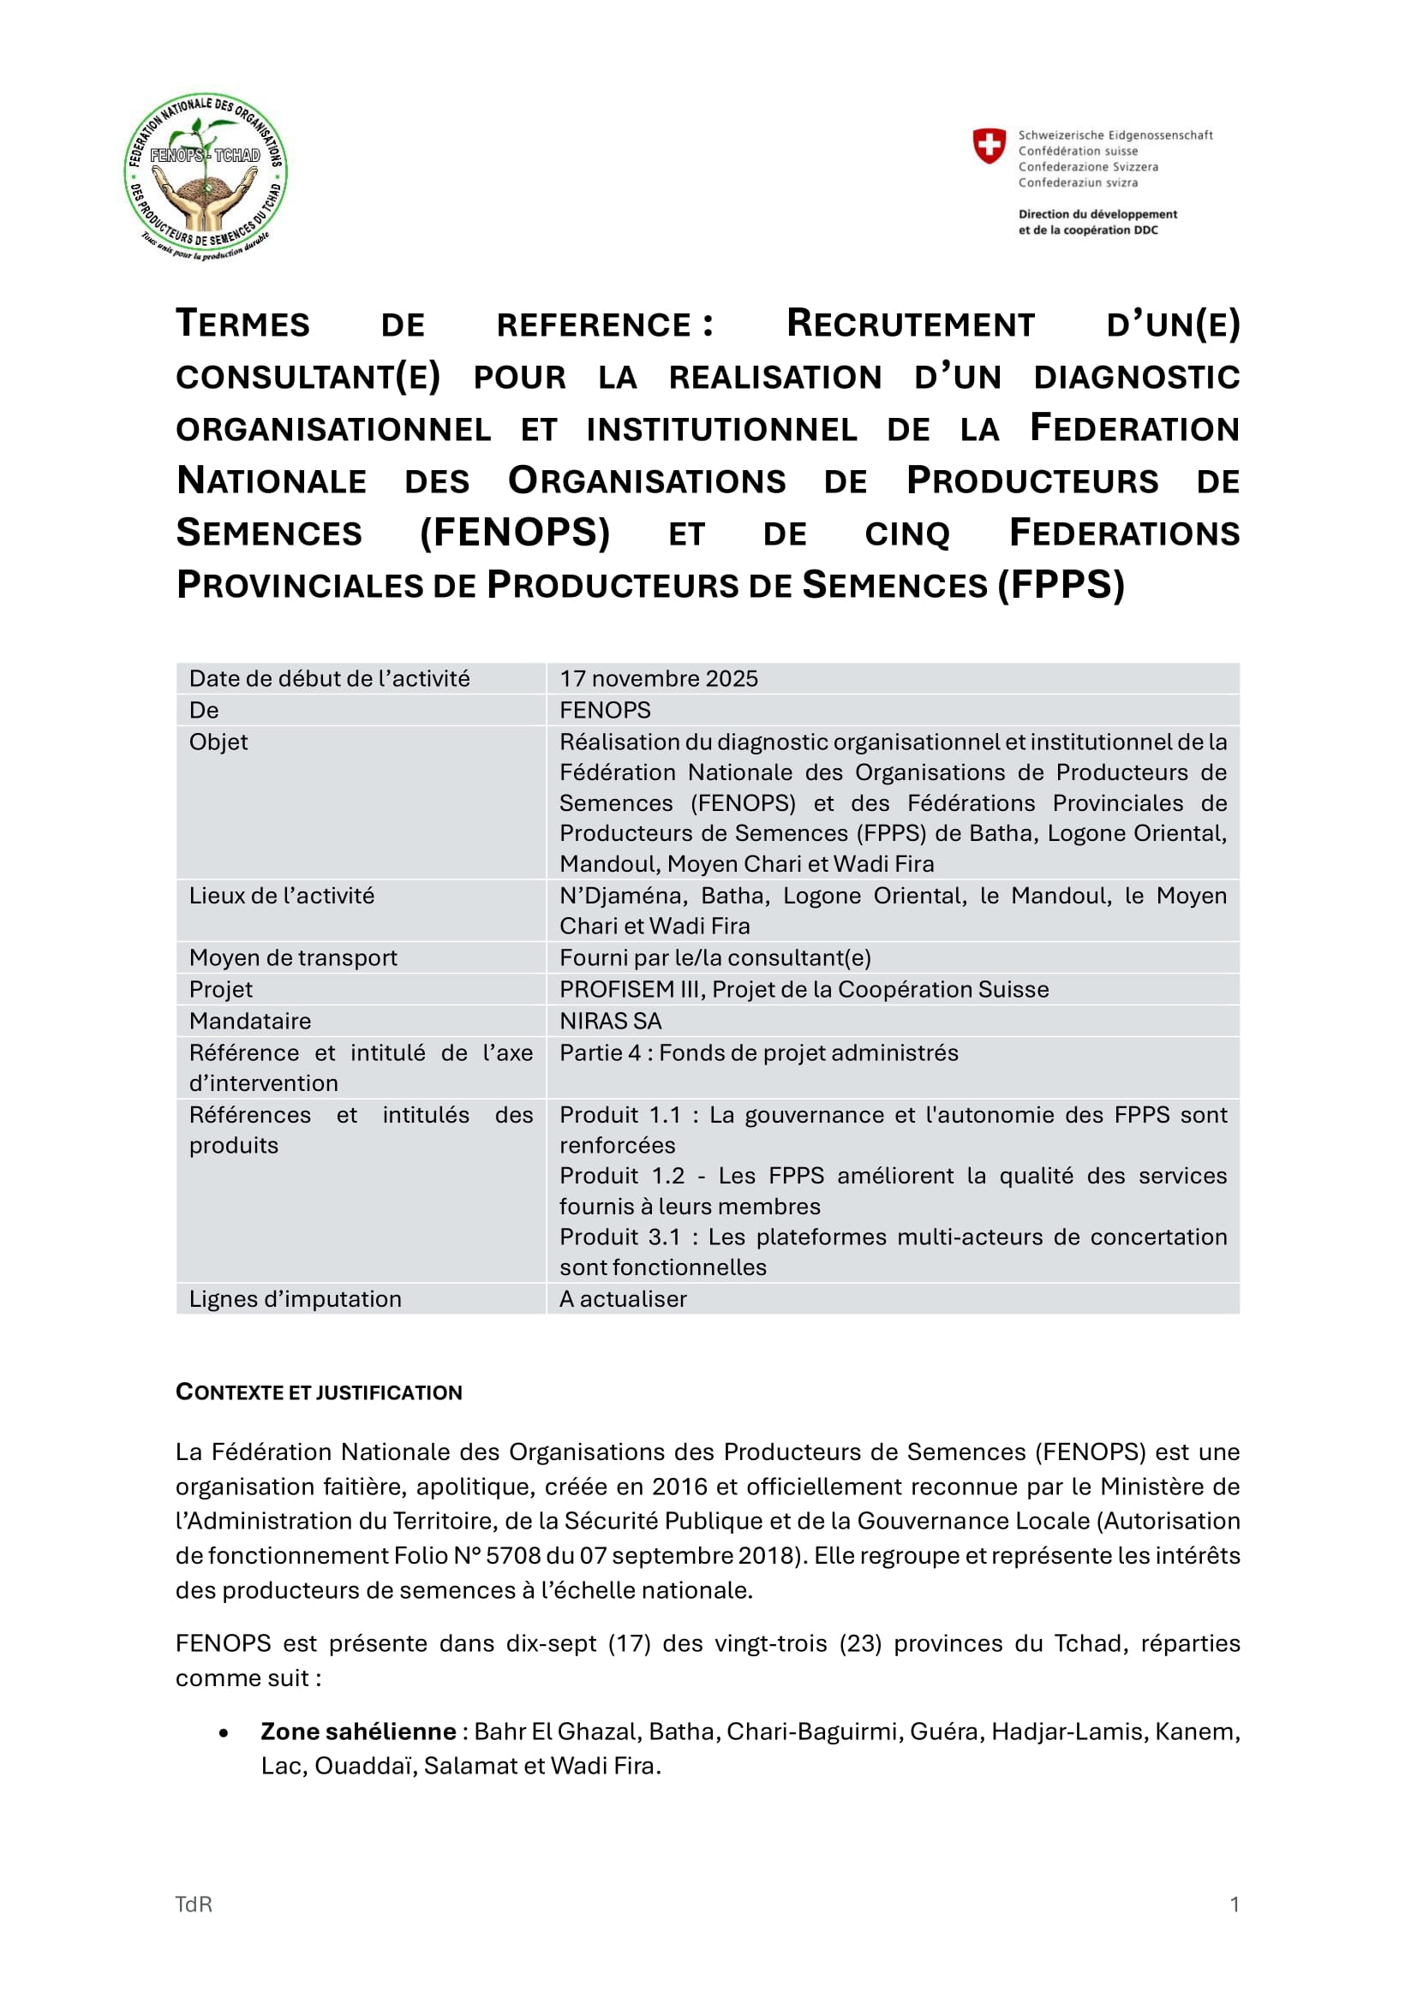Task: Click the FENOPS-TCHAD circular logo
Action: [206, 176]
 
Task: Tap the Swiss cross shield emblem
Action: [989, 146]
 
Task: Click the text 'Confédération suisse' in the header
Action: [1078, 151]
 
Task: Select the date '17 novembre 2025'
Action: [659, 679]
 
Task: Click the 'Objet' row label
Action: [219, 742]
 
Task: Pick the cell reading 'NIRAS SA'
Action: [611, 1021]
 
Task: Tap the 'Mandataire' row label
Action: [250, 1021]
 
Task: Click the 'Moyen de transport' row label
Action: [293, 958]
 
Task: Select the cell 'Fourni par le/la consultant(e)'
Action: [715, 958]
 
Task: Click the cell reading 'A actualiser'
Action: [623, 1299]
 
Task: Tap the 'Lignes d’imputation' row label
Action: [296, 1299]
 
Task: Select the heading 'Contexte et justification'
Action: [320, 1392]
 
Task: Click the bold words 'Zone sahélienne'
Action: [359, 1731]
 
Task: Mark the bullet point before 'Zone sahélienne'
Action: [224, 1732]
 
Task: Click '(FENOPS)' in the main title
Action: [515, 532]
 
